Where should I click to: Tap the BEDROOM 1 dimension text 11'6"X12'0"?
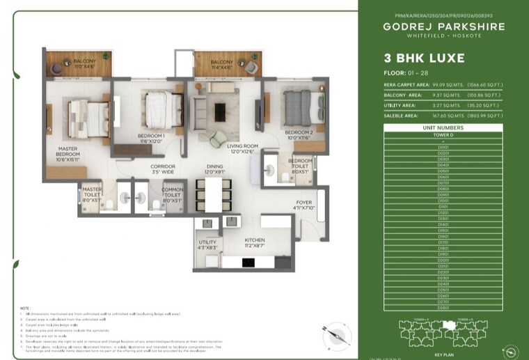[x=150, y=141]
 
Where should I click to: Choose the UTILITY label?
[x=207, y=242]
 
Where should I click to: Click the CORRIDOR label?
[x=163, y=166]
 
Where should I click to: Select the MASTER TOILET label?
[x=92, y=189]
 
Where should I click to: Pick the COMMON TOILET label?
[x=172, y=189]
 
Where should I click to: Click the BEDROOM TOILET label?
[x=300, y=162]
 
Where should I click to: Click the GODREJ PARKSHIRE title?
[x=443, y=27]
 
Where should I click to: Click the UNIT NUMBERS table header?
[x=443, y=128]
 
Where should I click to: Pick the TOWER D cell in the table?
[x=443, y=134]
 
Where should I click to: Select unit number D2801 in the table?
[x=443, y=307]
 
